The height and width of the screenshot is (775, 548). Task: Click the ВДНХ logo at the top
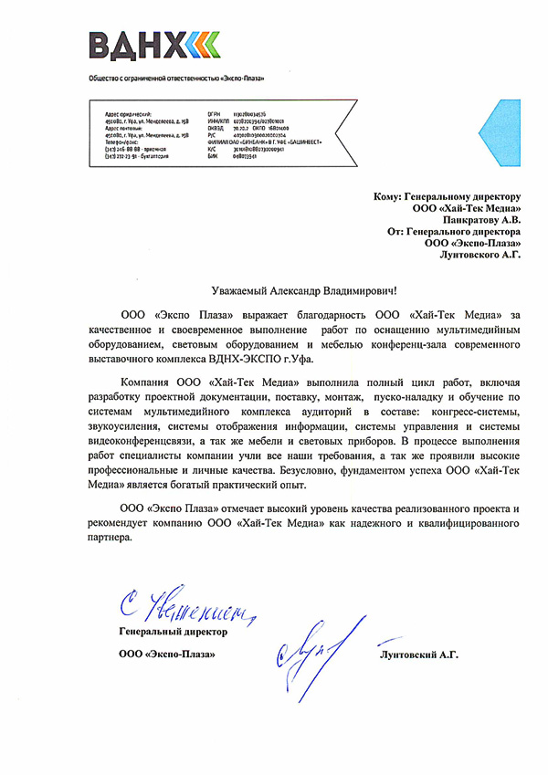153,44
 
